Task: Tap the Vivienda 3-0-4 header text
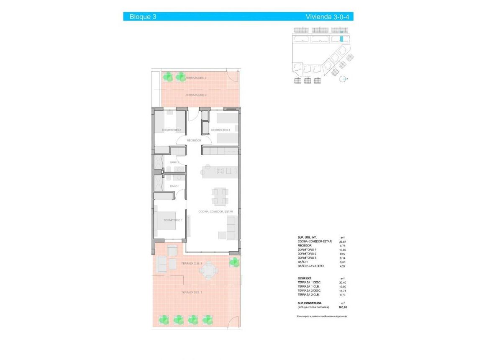click(x=327, y=17)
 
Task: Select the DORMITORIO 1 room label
click(x=172, y=220)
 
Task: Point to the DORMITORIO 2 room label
click(x=171, y=130)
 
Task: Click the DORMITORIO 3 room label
click(x=221, y=130)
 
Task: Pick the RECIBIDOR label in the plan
click(x=194, y=140)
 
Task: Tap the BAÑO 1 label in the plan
click(x=174, y=186)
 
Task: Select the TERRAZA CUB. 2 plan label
click(x=196, y=95)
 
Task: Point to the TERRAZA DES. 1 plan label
click(x=191, y=292)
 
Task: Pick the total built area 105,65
click(x=343, y=307)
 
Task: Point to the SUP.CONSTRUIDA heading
click(x=310, y=303)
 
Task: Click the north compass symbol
click(x=344, y=78)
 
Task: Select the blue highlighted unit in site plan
click(x=342, y=39)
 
